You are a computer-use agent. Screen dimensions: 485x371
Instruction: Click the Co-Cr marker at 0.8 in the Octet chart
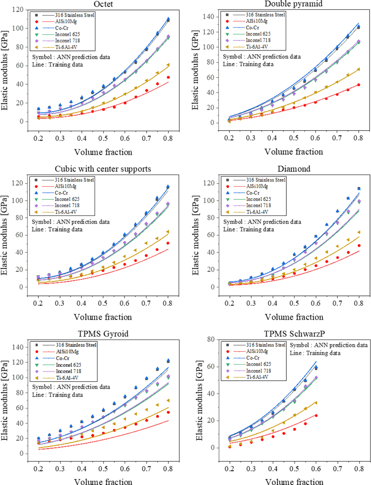coord(168,19)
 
